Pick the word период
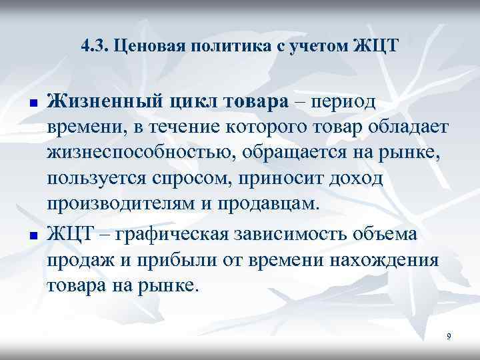pos(344,103)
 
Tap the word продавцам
pos(271,203)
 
